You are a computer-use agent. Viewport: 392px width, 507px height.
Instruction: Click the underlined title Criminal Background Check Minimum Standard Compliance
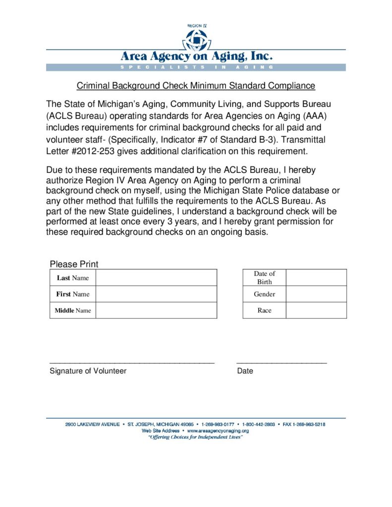click(196, 86)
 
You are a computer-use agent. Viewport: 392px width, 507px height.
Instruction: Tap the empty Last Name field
click(156, 278)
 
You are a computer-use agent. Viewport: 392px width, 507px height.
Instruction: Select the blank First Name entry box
click(156, 294)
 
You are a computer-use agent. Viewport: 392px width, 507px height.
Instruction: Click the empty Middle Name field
click(156, 310)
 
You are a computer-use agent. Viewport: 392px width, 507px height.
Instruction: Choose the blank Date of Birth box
click(316, 278)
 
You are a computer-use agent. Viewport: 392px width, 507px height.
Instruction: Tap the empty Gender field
click(316, 294)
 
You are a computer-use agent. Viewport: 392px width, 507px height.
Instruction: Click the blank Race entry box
click(316, 310)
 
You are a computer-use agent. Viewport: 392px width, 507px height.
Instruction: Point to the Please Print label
click(74, 264)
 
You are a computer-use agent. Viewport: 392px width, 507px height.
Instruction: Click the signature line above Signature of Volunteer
click(132, 363)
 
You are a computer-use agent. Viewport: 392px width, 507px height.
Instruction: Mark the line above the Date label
click(281, 363)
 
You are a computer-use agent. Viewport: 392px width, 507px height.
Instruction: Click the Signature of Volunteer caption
click(88, 371)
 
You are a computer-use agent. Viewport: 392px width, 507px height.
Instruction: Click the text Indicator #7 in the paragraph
click(183, 140)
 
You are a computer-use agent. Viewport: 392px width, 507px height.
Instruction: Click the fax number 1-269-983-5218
click(309, 424)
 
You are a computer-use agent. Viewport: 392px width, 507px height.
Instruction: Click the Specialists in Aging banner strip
click(196, 67)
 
